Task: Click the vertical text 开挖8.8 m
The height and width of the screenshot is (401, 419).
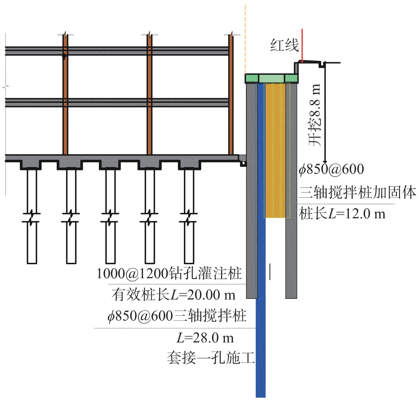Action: [315, 115]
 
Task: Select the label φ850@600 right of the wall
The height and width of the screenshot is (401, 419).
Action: [331, 169]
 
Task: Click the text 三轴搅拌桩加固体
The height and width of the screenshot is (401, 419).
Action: [357, 193]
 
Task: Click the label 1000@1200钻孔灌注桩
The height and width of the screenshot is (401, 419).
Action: [169, 274]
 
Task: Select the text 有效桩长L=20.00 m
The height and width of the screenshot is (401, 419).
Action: [173, 295]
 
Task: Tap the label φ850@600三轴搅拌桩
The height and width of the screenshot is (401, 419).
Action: [177, 316]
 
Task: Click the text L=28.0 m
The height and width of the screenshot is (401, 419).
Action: [205, 338]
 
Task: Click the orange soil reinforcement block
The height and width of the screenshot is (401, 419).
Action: [275, 150]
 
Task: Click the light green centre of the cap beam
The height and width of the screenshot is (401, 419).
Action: [272, 79]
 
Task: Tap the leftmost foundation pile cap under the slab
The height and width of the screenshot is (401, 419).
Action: [31, 164]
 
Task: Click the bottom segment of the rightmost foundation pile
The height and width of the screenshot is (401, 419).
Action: [189, 243]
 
